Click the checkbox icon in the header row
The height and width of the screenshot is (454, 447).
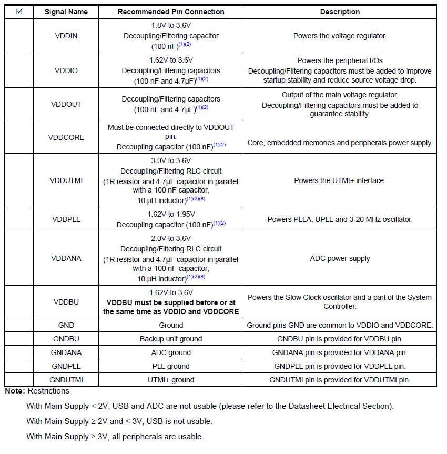pyautogui.click(x=19, y=12)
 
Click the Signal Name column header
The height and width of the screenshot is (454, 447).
pyautogui.click(x=66, y=12)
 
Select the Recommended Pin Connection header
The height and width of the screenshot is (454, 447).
pyautogui.click(x=171, y=12)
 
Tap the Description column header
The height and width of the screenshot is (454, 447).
pyautogui.click(x=340, y=12)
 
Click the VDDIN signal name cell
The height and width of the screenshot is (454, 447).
pyautogui.click(x=66, y=36)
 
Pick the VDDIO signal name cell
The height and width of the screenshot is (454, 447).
pyautogui.click(x=66, y=70)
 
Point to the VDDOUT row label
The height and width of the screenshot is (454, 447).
pyautogui.click(x=66, y=104)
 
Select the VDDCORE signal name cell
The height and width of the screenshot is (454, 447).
pyautogui.click(x=66, y=137)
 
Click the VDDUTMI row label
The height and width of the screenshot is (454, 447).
pyautogui.click(x=66, y=180)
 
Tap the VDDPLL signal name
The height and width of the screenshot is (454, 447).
pyautogui.click(x=66, y=219)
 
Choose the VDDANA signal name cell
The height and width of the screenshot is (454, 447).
pyautogui.click(x=66, y=258)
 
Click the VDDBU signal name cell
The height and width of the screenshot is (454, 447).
pyautogui.click(x=66, y=302)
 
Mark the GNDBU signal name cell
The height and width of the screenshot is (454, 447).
pyautogui.click(x=66, y=339)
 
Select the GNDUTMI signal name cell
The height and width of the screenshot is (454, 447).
pyautogui.click(x=66, y=380)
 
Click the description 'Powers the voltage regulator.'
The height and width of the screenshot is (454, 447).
pyautogui.click(x=340, y=36)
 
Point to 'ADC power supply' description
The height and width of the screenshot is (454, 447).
pyautogui.click(x=340, y=258)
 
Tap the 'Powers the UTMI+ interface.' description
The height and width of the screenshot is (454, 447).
pyautogui.click(x=340, y=180)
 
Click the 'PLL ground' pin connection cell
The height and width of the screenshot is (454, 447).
pyautogui.click(x=171, y=366)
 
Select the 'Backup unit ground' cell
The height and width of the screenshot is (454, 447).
pyautogui.click(x=171, y=339)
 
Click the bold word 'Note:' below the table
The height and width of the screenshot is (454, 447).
pyautogui.click(x=15, y=391)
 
